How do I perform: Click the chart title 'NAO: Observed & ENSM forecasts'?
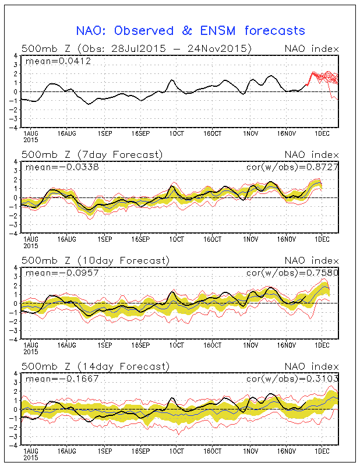[190, 30]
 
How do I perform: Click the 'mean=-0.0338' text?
[56, 167]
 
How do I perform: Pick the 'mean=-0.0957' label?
[56, 273]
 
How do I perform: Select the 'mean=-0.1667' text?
[56, 379]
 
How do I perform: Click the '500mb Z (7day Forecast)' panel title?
[92, 154]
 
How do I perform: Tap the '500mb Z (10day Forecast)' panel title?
[95, 260]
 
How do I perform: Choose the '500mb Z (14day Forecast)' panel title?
[95, 366]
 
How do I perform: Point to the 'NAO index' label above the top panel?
[311, 48]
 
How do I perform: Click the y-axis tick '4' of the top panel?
[16, 56]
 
